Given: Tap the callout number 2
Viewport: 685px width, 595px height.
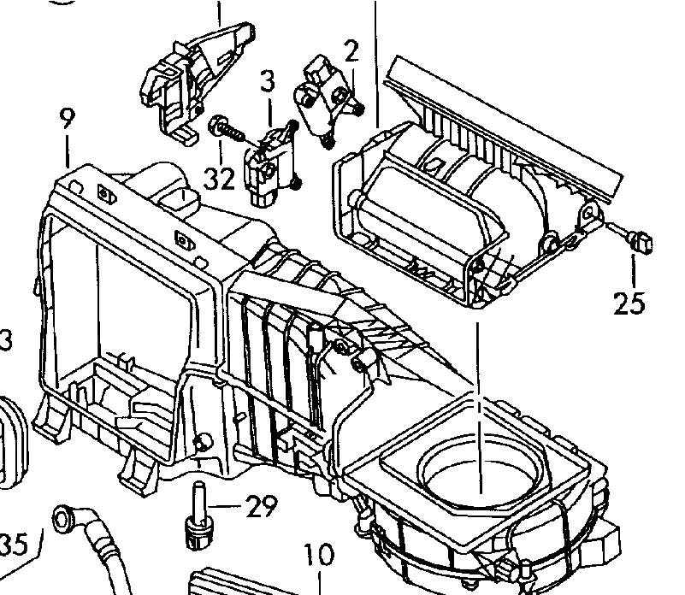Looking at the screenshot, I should [351, 51].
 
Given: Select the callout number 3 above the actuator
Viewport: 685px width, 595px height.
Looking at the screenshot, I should [268, 83].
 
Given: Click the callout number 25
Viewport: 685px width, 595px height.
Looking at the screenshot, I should [629, 303].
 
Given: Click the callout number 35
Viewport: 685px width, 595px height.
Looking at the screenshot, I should [15, 544].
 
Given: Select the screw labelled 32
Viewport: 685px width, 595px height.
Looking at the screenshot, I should [224, 129].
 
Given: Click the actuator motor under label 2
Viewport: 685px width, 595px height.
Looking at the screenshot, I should [323, 94].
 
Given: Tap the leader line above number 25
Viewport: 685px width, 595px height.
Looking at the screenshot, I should [634, 269].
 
